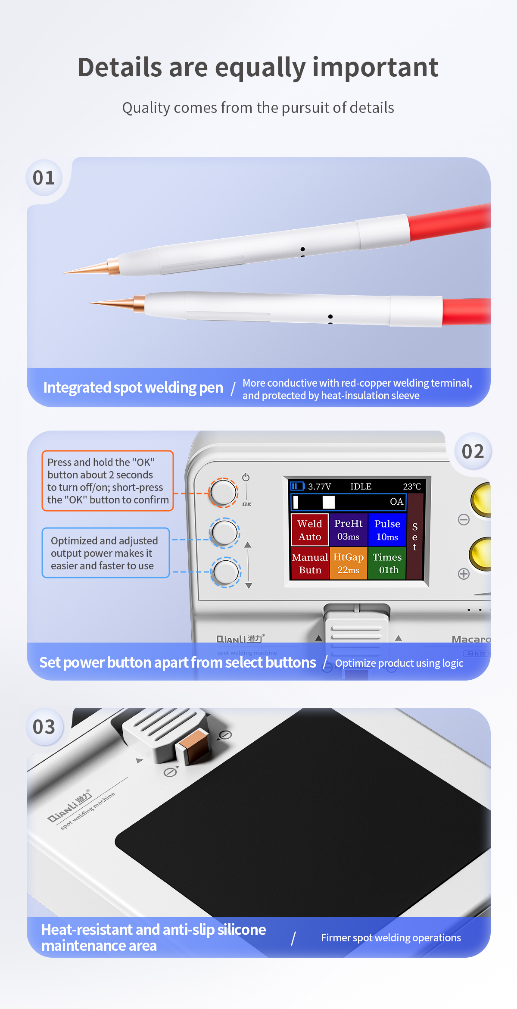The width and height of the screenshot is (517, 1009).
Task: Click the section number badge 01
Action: coord(44,178)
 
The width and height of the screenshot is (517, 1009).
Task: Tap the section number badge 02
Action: coord(473,451)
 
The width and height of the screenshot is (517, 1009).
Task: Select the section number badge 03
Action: coord(44,727)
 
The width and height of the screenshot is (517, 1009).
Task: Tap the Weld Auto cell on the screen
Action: coord(310,530)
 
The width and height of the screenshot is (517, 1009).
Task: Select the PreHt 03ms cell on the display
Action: coord(349,530)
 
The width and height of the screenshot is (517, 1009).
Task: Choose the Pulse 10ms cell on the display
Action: coord(387,530)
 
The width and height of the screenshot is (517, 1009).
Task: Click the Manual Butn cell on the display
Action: coord(310,563)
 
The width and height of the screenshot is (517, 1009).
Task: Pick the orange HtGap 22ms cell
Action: coord(349,563)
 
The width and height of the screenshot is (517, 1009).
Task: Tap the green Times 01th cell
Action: coord(387,563)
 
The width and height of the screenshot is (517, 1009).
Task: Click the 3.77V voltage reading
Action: coord(319,487)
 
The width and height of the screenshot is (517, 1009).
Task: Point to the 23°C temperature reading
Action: coord(412,487)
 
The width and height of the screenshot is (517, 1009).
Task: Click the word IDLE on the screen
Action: coord(361,487)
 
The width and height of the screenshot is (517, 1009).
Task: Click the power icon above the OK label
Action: coord(246,477)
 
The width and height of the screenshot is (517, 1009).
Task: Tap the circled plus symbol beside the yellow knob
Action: coord(464,574)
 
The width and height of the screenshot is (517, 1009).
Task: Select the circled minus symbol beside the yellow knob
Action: coord(464,519)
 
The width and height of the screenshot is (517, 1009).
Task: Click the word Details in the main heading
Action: coord(120,67)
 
